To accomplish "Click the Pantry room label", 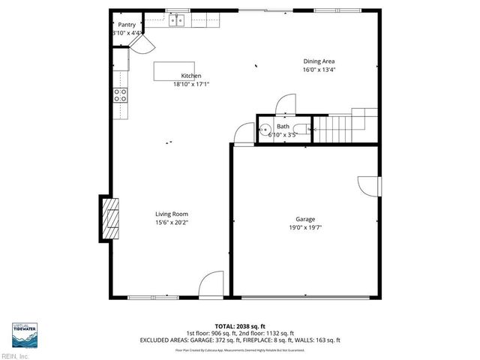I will pyautogui.click(x=127, y=25).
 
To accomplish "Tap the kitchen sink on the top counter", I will pyautogui.click(x=177, y=22).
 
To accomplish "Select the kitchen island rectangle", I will pyautogui.click(x=174, y=70).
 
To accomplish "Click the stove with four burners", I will pyautogui.click(x=119, y=94).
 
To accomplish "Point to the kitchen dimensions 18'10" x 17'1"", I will pyautogui.click(x=190, y=84).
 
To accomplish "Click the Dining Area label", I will pyautogui.click(x=318, y=61).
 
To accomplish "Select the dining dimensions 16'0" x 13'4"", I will pyautogui.click(x=318, y=70).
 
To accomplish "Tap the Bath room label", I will pyautogui.click(x=283, y=127).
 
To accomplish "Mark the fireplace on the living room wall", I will pyautogui.click(x=109, y=218).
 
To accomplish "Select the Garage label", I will pyautogui.click(x=304, y=219).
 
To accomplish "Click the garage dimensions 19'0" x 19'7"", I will pyautogui.click(x=304, y=227).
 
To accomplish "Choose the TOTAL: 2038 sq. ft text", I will pyautogui.click(x=240, y=325).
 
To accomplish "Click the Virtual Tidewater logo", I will pyautogui.click(x=25, y=334).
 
